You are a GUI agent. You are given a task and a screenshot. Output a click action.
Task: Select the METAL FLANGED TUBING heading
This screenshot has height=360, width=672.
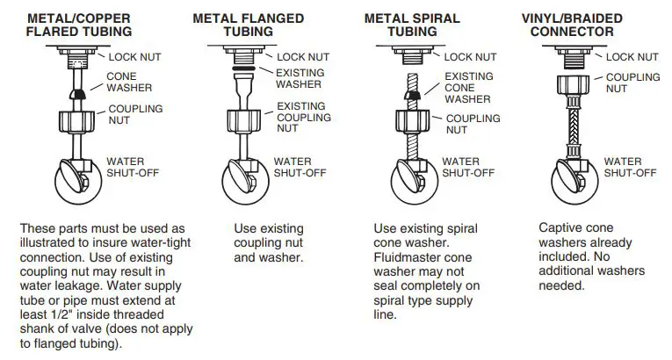tap(249, 25)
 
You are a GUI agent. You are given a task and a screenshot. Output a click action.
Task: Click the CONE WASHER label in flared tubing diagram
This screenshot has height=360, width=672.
tap(129, 82)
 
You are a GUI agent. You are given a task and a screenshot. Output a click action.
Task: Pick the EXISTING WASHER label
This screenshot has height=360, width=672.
tap(300, 79)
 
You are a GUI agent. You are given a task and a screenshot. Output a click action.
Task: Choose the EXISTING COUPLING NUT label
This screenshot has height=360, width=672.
tap(301, 117)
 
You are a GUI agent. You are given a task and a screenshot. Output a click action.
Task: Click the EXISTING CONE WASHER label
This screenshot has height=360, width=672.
tap(468, 88)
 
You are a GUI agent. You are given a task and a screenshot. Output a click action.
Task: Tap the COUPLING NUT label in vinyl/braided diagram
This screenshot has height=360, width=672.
tap(632, 83)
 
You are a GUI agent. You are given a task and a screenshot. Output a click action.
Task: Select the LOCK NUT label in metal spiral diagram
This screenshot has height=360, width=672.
tap(470, 56)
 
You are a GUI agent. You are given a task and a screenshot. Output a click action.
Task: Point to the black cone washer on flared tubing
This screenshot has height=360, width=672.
tap(77, 91)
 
